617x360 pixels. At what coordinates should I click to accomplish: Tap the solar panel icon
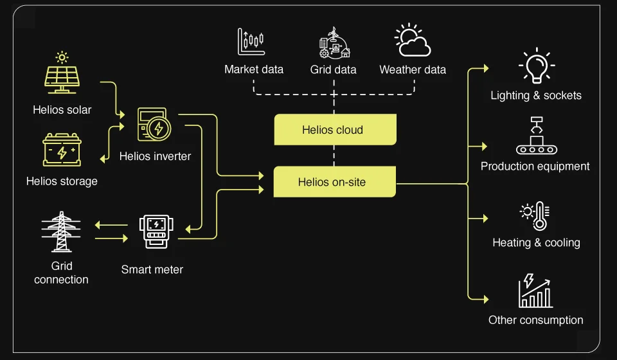(62, 76)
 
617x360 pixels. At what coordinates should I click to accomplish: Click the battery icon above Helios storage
(62, 151)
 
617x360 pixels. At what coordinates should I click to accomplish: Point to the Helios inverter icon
(154, 126)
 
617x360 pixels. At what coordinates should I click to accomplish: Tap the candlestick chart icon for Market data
(251, 42)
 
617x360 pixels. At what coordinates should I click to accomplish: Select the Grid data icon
(334, 43)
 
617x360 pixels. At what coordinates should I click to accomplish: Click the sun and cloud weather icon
(412, 40)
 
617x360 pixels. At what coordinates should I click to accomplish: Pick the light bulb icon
(536, 66)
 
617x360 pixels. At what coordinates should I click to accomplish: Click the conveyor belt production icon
(536, 136)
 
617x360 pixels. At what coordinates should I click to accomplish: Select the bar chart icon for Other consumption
(536, 291)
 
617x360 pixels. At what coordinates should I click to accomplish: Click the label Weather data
(413, 69)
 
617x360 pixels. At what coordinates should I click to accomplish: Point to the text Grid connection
(61, 273)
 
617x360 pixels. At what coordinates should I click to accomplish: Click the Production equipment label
(535, 166)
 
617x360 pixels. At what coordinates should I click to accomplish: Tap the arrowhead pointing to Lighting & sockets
(485, 68)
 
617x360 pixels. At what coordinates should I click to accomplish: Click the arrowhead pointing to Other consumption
(485, 299)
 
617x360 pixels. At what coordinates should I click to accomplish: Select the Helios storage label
(62, 181)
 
